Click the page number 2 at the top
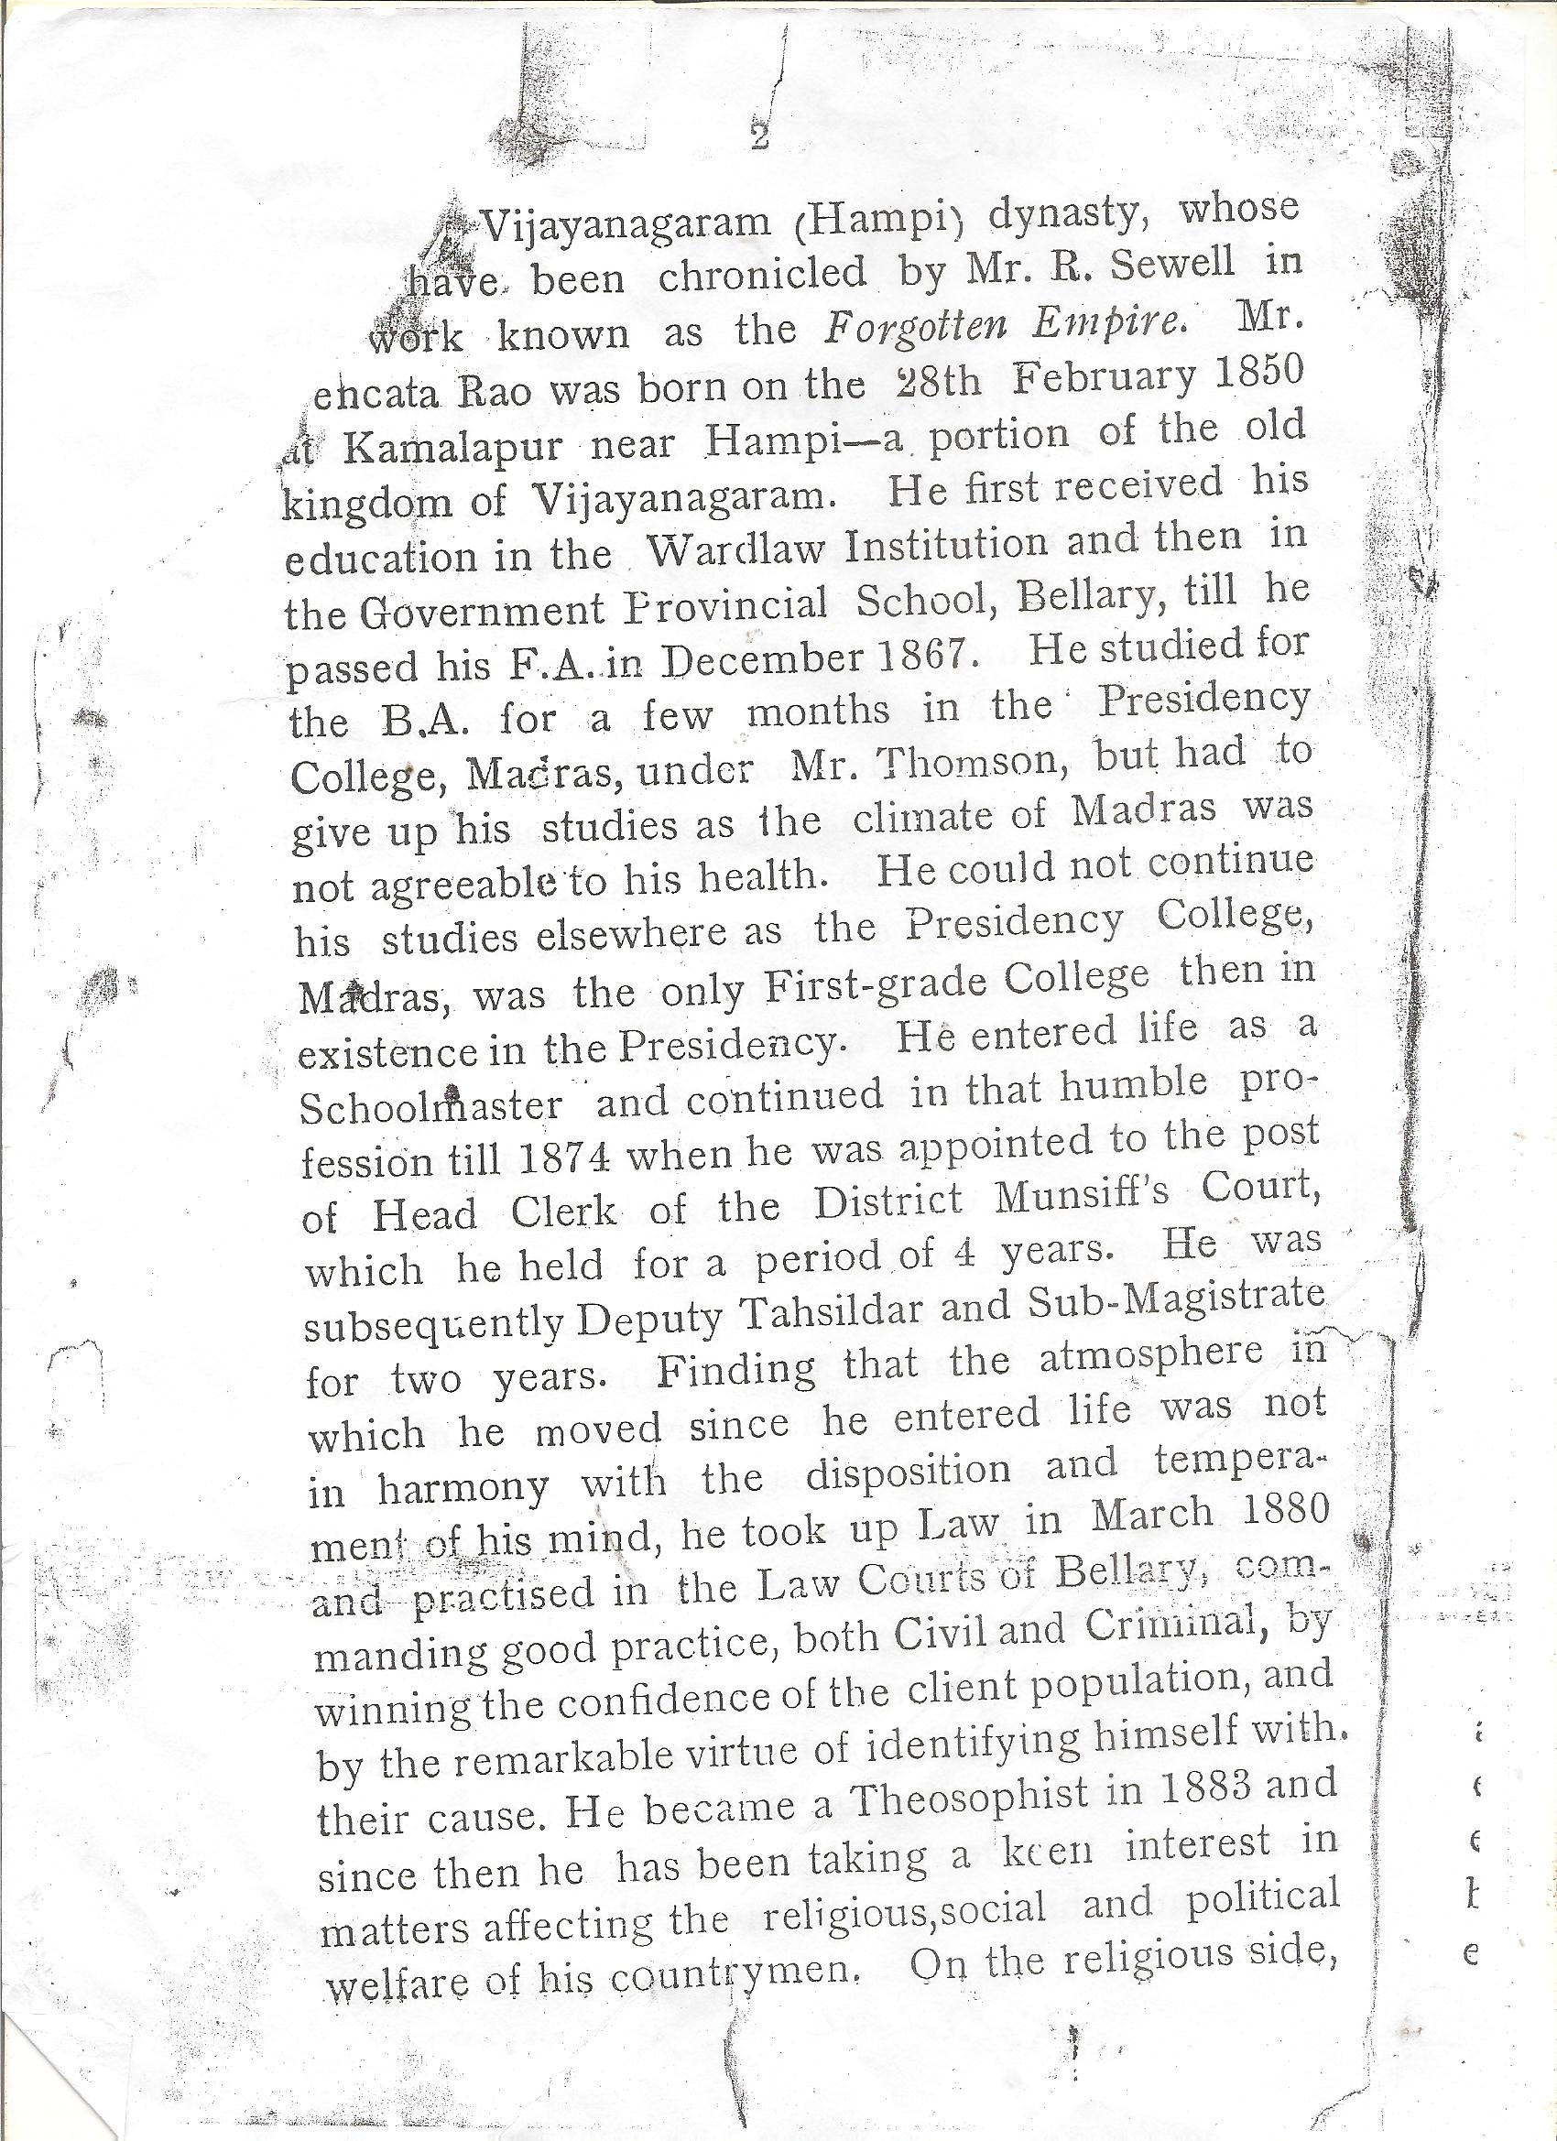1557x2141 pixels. [758, 138]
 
